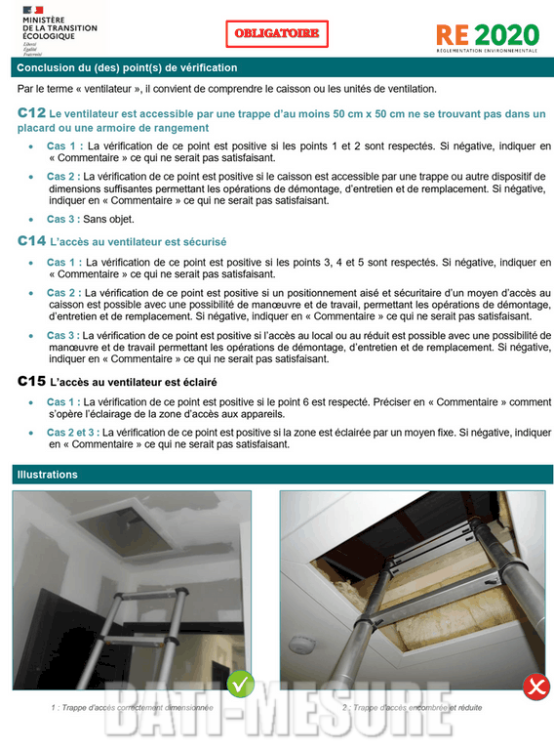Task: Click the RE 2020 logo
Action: (487, 36)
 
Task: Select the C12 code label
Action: (31, 114)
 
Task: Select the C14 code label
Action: (31, 240)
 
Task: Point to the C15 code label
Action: (31, 381)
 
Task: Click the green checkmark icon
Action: (241, 684)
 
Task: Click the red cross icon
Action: (535, 687)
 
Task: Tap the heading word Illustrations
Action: (47, 475)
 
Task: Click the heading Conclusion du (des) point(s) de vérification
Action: (127, 67)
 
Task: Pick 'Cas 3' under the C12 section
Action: (64, 219)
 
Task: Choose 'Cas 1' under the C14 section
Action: (64, 263)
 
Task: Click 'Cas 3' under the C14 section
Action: (64, 335)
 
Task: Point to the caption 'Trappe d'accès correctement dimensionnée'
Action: (132, 707)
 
